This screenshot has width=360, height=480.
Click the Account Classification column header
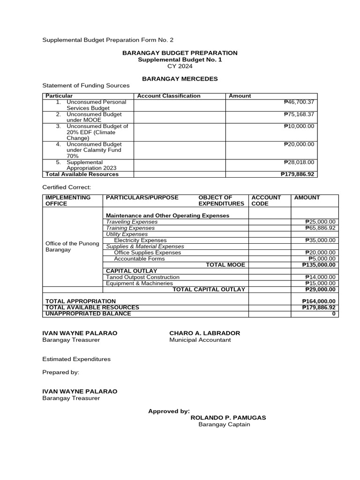pos(169,96)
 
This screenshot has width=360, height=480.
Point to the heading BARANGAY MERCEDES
pos(180,79)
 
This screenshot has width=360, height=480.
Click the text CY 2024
pos(180,66)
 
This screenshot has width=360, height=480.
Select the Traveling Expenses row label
pos(132,222)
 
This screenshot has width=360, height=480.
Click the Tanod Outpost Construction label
pos(142,277)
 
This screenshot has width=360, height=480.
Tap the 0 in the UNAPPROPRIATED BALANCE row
pos(334,314)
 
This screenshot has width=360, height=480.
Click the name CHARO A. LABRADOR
pos(204,333)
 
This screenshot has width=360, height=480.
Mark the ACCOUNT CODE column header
pos(266,201)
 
